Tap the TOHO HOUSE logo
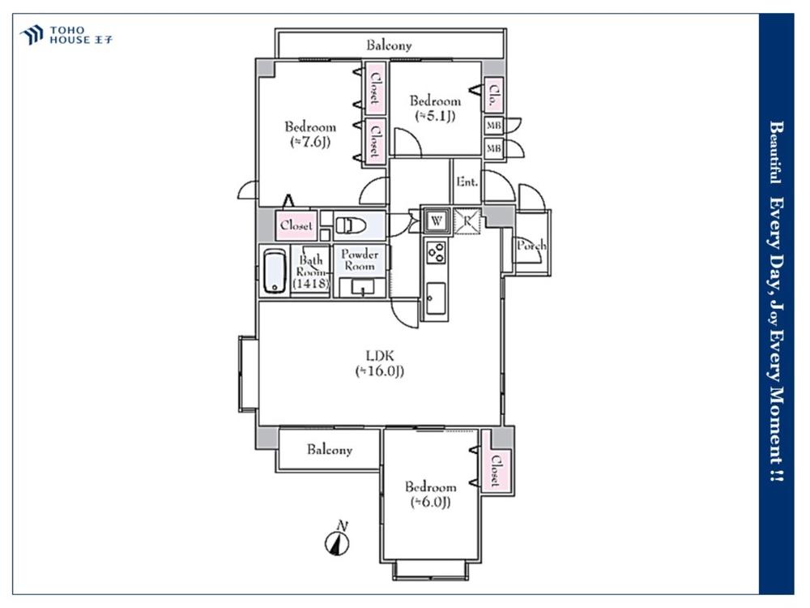[x=66, y=35]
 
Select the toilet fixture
[x=351, y=225]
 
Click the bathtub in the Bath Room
[x=275, y=272]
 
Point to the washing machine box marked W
[x=437, y=221]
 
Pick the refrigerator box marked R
[x=467, y=221]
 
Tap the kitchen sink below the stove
[x=436, y=299]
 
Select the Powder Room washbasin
[x=363, y=286]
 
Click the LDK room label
[x=380, y=363]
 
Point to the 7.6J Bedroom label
[x=310, y=134]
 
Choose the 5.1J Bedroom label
[x=435, y=108]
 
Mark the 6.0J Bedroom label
[x=430, y=495]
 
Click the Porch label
[x=531, y=245]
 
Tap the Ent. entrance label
[x=467, y=182]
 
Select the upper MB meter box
[x=493, y=126]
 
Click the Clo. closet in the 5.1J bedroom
[x=493, y=95]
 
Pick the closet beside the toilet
[x=296, y=225]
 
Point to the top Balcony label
[x=389, y=45]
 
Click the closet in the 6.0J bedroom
[x=496, y=470]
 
